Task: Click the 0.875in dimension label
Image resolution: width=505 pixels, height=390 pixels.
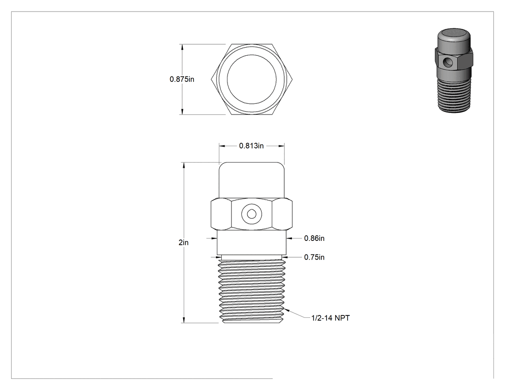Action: [x=182, y=79]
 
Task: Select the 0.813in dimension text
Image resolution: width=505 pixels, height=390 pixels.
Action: [x=251, y=146]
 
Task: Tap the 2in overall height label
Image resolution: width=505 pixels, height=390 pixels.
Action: [x=184, y=242]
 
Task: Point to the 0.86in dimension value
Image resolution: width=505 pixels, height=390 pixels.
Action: [x=315, y=239]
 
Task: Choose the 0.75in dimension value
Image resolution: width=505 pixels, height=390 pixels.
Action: [x=315, y=257]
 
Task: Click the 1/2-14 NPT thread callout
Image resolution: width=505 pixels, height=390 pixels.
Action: [x=330, y=318]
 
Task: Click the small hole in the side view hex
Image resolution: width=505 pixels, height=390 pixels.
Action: [x=252, y=214]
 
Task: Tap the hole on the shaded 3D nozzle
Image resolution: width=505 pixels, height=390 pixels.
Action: [x=447, y=62]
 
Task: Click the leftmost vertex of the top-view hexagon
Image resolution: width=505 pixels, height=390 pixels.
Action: [x=212, y=79]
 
